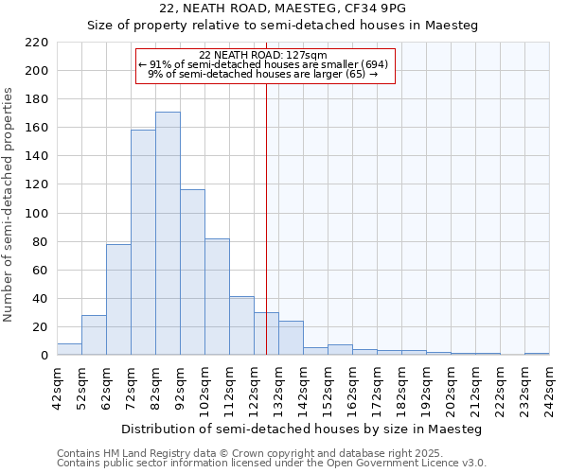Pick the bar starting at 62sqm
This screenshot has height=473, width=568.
118,300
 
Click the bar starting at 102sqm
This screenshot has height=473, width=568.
217,297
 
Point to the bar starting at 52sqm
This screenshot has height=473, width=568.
94,335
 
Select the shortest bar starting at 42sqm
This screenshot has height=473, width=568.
69,349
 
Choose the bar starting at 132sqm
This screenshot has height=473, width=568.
291,338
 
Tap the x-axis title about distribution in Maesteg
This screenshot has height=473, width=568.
302,429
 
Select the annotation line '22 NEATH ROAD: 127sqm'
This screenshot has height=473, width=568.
263,55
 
